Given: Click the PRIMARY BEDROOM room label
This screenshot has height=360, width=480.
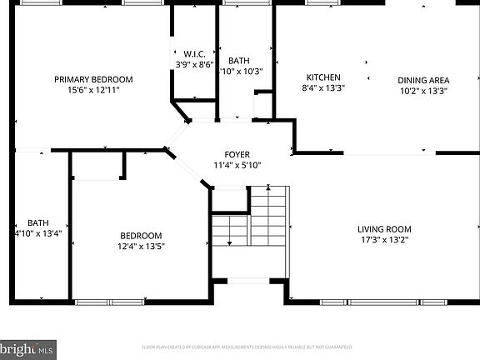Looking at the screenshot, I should tap(93, 80).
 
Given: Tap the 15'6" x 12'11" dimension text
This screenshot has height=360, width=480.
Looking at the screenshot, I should tap(93, 90).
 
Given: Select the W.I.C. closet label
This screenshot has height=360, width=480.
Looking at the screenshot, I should tap(194, 53).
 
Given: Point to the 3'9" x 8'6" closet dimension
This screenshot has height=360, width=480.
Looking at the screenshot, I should tap(194, 63).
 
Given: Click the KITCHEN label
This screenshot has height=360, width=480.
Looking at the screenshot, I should tap(322, 77).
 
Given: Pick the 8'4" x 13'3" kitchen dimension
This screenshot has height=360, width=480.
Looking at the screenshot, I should tap(322, 87).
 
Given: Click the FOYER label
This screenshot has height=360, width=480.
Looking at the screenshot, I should tap(237, 154).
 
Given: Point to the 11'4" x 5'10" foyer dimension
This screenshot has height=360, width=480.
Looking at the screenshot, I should tap(237, 165).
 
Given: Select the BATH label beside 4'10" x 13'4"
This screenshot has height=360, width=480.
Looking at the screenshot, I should tap(37, 222).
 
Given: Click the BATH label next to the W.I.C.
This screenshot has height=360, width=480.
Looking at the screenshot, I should tap(238, 61).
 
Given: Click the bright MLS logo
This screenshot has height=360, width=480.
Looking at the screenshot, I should tap(28, 347).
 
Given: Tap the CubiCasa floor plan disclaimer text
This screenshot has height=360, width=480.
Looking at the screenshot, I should tap(247, 347).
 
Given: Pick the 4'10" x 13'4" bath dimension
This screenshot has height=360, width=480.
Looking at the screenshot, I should tap(37, 233).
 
